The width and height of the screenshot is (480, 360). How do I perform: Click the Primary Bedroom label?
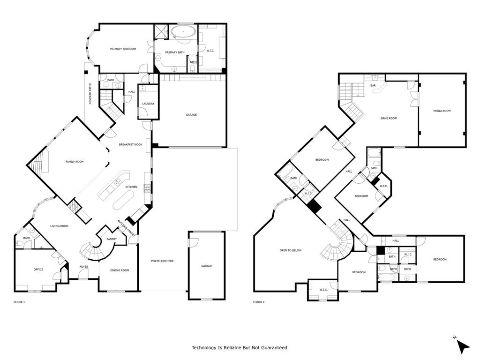123,49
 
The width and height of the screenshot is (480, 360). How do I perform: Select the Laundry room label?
148,104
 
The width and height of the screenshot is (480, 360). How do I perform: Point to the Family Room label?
74,162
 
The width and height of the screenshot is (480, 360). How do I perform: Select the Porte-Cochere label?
162,261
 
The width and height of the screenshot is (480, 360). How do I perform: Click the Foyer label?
83,267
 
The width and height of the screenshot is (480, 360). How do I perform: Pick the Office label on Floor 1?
38,270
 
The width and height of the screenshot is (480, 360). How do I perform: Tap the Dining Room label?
120,270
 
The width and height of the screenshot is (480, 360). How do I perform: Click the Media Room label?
442,111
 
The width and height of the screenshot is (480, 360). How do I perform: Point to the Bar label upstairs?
373,85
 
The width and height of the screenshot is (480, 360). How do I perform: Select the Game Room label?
389,118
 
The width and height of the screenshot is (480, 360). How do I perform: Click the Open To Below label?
291,250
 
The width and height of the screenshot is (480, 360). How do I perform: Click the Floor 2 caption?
259,302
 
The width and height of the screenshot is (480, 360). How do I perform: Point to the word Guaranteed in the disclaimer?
273,347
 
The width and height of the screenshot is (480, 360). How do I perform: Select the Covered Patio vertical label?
90,94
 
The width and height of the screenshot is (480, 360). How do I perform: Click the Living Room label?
60,226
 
